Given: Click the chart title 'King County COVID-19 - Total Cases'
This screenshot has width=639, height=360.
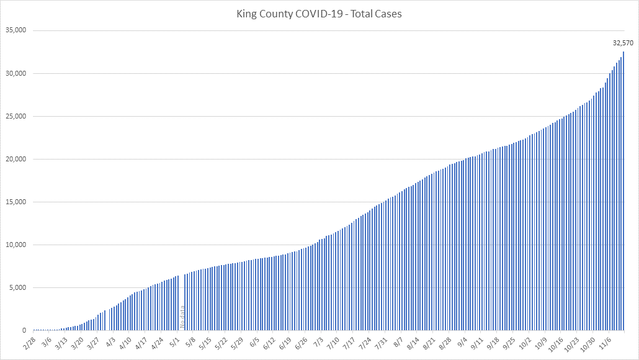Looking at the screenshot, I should coord(319,13).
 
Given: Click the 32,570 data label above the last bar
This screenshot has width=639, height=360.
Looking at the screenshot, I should coord(622,43).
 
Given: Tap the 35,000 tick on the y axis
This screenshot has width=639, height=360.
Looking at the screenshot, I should coord(17,30).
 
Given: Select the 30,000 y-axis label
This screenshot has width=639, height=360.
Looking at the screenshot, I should coord(17,73).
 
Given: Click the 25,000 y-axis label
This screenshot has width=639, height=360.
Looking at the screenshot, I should coord(17,116).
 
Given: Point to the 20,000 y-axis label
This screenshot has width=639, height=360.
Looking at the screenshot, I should coord(17,159).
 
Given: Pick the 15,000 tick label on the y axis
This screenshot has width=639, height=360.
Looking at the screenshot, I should coord(17,202).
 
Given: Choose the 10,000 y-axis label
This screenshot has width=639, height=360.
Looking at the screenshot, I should coord(17,245).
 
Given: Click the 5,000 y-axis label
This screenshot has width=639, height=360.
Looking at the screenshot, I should coord(19,287).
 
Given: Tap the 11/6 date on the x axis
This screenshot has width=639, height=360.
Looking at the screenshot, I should coord(604,343).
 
